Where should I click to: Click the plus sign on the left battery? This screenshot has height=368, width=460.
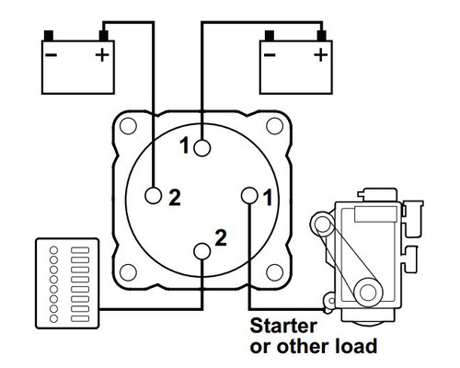(x=102, y=55)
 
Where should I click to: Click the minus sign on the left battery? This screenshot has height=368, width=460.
(x=51, y=55)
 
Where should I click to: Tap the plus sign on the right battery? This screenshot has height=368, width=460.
(x=321, y=55)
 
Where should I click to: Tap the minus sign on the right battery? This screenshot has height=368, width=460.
(x=270, y=55)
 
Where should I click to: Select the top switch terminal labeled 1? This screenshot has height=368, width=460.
(x=202, y=148)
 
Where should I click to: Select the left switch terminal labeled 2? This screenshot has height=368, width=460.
(x=154, y=196)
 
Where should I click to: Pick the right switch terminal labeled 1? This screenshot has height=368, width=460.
(x=249, y=196)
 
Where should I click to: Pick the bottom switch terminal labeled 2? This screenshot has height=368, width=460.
(x=202, y=251)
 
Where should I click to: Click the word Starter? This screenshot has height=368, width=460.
(x=283, y=326)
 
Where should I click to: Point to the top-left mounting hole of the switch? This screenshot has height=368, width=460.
(x=128, y=126)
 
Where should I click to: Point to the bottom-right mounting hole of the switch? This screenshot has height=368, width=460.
(x=274, y=272)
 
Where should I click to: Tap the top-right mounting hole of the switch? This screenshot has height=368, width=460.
(x=274, y=126)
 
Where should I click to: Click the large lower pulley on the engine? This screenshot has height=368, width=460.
(x=368, y=293)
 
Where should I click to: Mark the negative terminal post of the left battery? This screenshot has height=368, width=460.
(x=49, y=36)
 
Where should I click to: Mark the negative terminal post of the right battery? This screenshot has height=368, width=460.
(x=270, y=36)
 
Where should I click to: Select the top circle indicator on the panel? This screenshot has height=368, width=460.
(x=53, y=250)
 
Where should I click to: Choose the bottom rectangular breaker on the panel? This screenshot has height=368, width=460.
(x=80, y=318)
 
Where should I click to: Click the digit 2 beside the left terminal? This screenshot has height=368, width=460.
(x=175, y=198)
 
